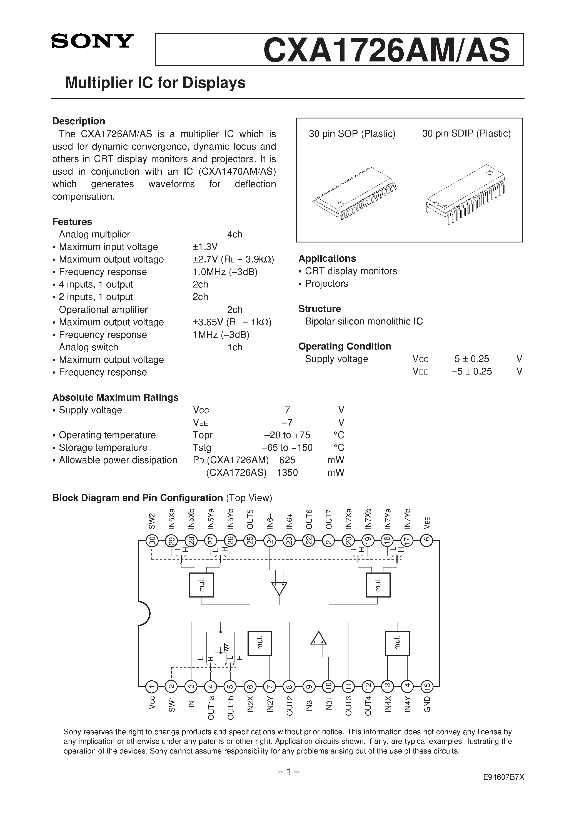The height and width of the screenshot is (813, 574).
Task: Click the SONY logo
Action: [x=92, y=41]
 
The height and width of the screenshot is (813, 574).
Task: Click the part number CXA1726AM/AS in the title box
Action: [x=386, y=50]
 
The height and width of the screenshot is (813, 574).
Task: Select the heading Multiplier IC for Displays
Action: [x=155, y=83]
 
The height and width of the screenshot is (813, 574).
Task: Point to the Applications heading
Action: [x=327, y=259]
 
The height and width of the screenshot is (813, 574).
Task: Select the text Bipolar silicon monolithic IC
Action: [x=364, y=321]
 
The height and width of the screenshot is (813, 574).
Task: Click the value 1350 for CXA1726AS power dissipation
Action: [x=287, y=473]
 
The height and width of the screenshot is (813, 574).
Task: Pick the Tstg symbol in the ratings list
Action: [x=202, y=448]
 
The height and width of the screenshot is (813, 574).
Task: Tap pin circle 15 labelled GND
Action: [x=427, y=686]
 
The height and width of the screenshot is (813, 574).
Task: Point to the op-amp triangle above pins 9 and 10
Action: [x=318, y=638]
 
